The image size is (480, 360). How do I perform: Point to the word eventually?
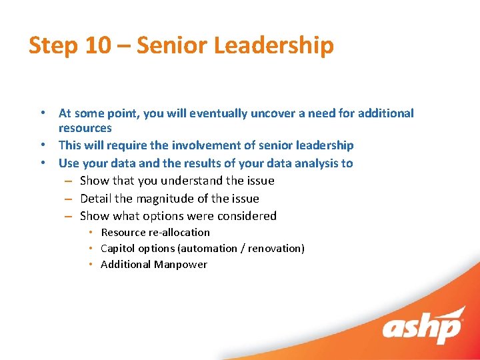coord(218,113)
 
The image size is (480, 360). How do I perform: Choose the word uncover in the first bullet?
coord(273,113)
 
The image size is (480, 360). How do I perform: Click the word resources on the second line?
coord(85,128)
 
